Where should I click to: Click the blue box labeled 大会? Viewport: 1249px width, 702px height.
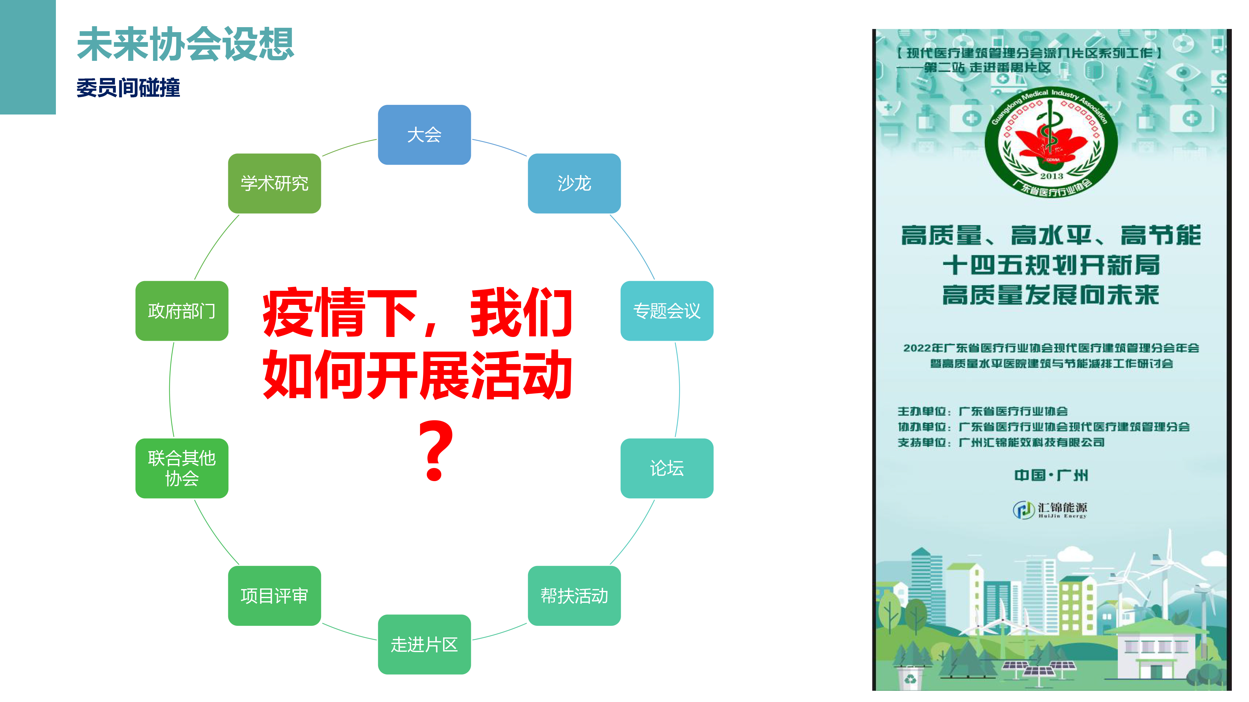[424, 135]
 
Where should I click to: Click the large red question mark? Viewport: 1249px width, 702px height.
[436, 451]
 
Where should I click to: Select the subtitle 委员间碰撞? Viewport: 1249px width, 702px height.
[128, 88]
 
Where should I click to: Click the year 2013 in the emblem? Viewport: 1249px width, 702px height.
[1051, 176]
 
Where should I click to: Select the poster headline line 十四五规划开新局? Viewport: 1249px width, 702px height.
[1051, 265]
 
